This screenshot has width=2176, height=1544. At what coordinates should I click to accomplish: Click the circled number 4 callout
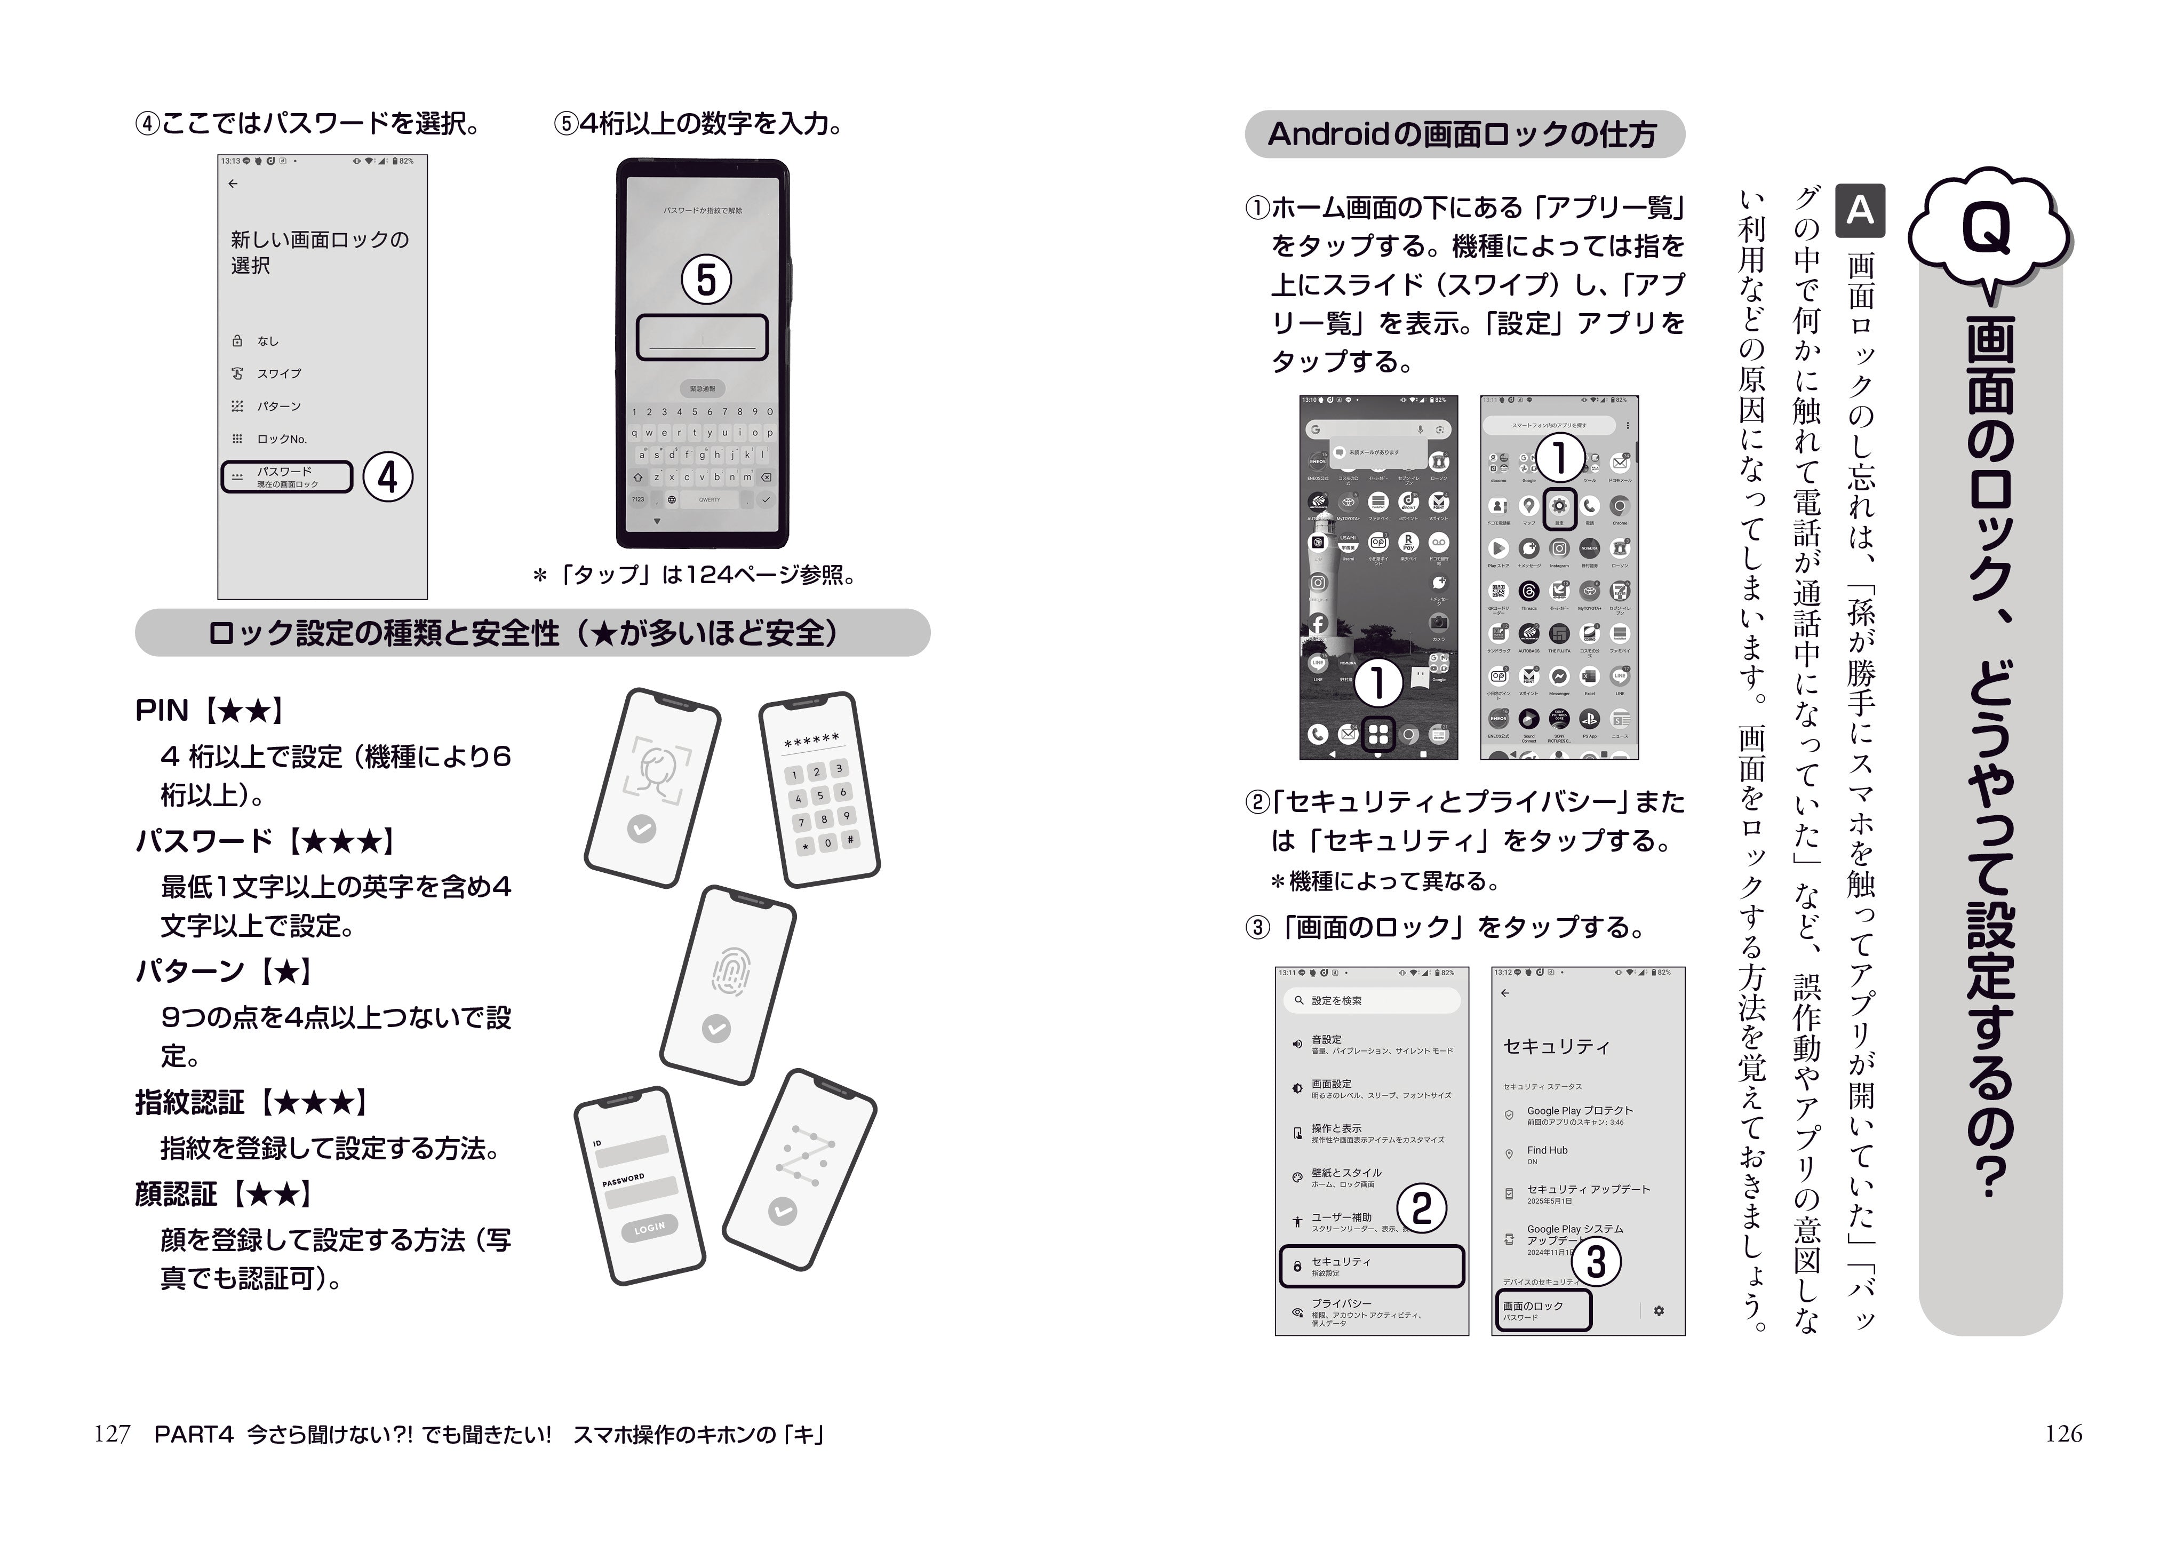(x=387, y=477)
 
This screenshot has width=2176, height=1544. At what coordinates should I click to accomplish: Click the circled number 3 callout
(x=1596, y=1262)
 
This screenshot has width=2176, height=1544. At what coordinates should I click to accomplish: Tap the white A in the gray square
(x=1860, y=209)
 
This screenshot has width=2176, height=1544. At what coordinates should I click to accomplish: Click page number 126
(x=2063, y=1434)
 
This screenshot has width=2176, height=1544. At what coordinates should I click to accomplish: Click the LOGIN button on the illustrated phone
(x=650, y=1228)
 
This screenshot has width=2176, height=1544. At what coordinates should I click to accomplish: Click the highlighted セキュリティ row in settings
(x=1371, y=1267)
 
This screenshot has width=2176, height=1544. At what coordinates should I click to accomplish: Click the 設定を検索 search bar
(x=1371, y=1000)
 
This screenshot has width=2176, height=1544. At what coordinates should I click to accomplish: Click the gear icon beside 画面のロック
(x=1659, y=1311)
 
